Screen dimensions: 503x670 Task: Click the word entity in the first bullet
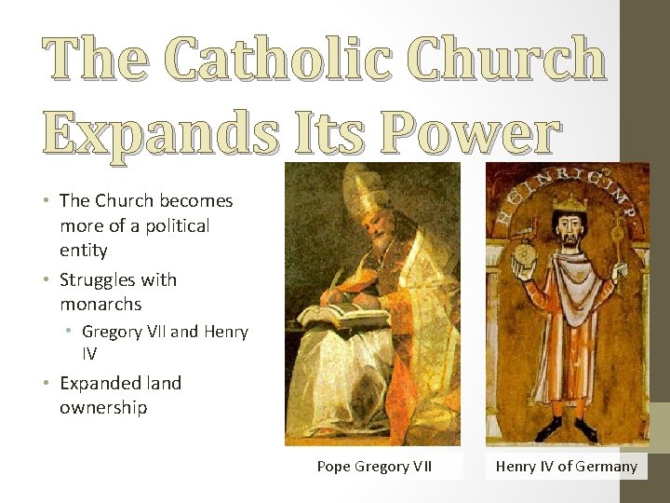click(x=84, y=250)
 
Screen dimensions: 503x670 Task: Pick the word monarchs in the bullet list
click(x=100, y=305)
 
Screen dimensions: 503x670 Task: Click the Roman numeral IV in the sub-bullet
click(x=89, y=354)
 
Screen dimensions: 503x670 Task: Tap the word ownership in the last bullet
click(x=103, y=408)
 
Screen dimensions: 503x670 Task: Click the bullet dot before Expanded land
click(x=47, y=384)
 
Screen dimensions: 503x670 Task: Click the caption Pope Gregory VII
click(x=375, y=466)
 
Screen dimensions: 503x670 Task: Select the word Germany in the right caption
click(x=607, y=466)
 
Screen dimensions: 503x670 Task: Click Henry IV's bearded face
click(x=565, y=227)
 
